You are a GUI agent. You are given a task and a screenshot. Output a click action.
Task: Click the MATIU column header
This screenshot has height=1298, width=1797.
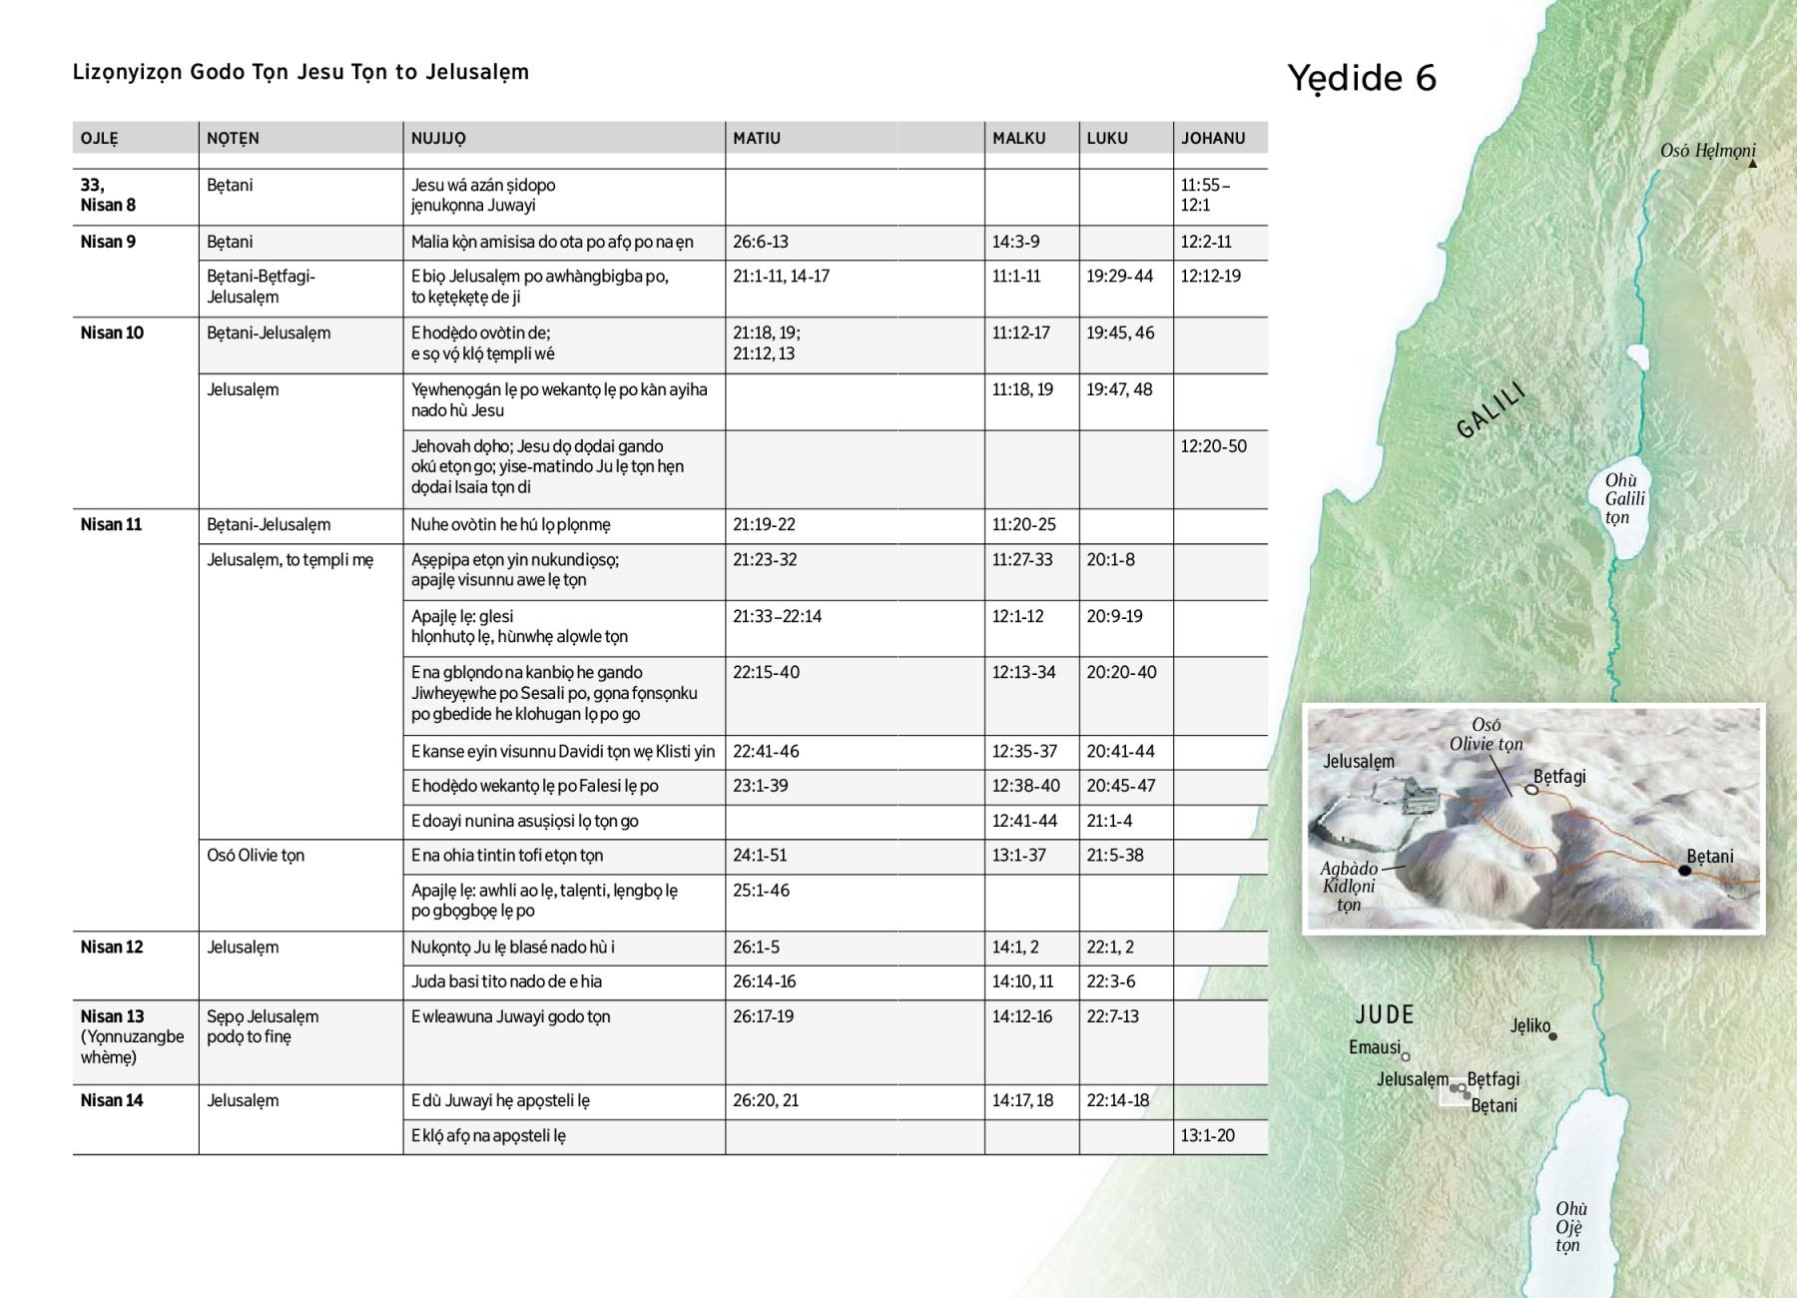coord(757,139)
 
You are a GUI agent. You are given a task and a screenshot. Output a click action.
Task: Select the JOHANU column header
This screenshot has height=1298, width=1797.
coord(1213,139)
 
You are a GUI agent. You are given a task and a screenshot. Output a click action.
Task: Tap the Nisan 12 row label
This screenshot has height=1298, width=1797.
coord(112,947)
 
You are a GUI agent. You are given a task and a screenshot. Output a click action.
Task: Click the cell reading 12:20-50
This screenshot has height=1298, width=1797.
coord(1213,446)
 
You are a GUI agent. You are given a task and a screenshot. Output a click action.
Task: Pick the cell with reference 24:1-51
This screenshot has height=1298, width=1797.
coord(761,856)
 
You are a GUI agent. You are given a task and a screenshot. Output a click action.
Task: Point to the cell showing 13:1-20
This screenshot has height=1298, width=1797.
coord(1207,1135)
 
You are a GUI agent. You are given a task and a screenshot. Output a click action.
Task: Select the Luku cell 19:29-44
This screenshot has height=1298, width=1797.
coord(1119,277)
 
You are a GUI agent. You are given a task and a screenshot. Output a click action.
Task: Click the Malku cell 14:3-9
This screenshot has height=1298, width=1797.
coord(1015,242)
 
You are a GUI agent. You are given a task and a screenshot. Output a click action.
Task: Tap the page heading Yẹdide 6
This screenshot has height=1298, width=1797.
coord(1361,78)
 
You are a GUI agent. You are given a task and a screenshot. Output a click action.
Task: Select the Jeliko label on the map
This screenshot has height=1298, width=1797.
coord(1530,1025)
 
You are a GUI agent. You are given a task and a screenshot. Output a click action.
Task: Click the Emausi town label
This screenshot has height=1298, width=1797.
coord(1375,1047)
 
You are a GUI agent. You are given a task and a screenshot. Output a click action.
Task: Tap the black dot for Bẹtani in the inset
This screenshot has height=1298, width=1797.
coord(1685,871)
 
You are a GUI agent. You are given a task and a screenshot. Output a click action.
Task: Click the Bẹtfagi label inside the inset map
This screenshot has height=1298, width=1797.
coord(1559,777)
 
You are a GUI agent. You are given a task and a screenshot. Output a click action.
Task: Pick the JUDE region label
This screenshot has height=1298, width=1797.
coord(1385,1014)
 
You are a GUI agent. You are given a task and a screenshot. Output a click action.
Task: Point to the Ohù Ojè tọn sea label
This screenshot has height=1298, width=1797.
coord(1570,1227)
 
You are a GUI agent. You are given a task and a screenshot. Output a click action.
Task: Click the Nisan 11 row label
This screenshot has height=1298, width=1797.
coord(112,524)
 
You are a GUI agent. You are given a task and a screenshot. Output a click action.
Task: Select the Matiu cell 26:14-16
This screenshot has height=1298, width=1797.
coord(764,981)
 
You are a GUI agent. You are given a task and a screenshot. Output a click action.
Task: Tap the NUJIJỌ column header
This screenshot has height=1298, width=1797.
coord(438,139)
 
